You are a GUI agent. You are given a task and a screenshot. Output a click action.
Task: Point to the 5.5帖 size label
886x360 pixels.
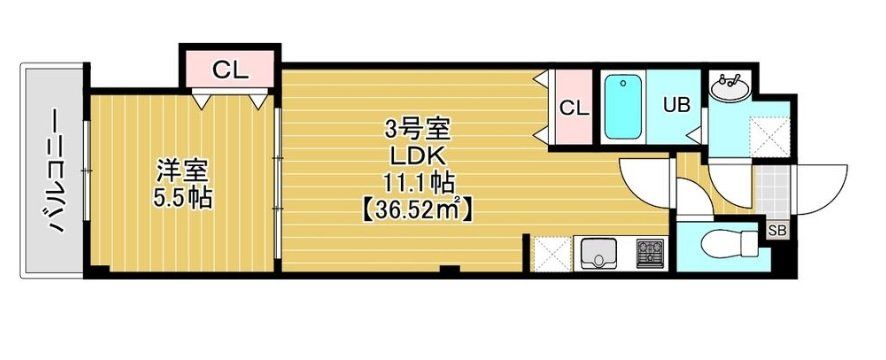click(181, 197)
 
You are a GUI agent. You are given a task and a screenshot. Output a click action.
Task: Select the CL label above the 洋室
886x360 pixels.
click(230, 71)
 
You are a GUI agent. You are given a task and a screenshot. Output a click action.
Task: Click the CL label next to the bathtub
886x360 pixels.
click(573, 108)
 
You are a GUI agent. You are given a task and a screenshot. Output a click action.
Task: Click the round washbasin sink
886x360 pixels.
click(730, 88)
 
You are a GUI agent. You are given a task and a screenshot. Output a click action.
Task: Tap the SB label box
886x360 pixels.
click(777, 231)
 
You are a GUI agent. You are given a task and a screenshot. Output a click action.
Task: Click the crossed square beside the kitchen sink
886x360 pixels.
click(552, 252)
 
